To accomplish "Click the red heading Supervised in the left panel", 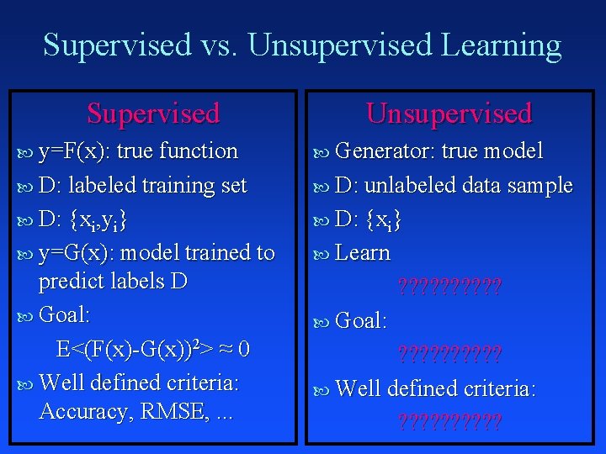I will (153, 113).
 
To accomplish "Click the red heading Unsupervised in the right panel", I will (449, 113).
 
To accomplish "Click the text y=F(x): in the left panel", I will (78, 152).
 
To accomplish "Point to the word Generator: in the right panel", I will (385, 152).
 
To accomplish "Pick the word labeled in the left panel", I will (102, 186).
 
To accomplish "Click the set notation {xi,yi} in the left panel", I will (99, 220).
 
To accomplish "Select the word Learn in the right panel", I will (363, 254).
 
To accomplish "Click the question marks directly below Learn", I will (449, 288).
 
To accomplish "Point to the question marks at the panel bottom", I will (449, 421).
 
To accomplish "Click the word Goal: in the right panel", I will (361, 321).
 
